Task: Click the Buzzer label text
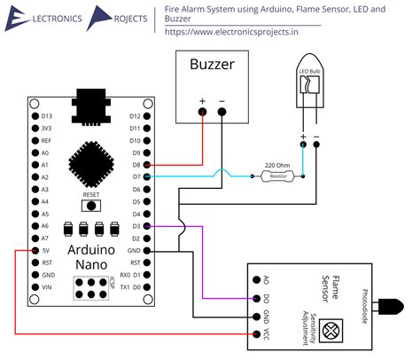212,66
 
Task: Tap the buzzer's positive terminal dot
203,112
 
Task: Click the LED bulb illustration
309,87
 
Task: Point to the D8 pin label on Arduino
135,165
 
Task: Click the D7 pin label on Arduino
135,177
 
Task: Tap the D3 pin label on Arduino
135,227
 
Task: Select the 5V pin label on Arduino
47,251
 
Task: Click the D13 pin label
48,116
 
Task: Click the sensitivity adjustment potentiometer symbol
331,331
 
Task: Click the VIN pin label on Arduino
48,288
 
